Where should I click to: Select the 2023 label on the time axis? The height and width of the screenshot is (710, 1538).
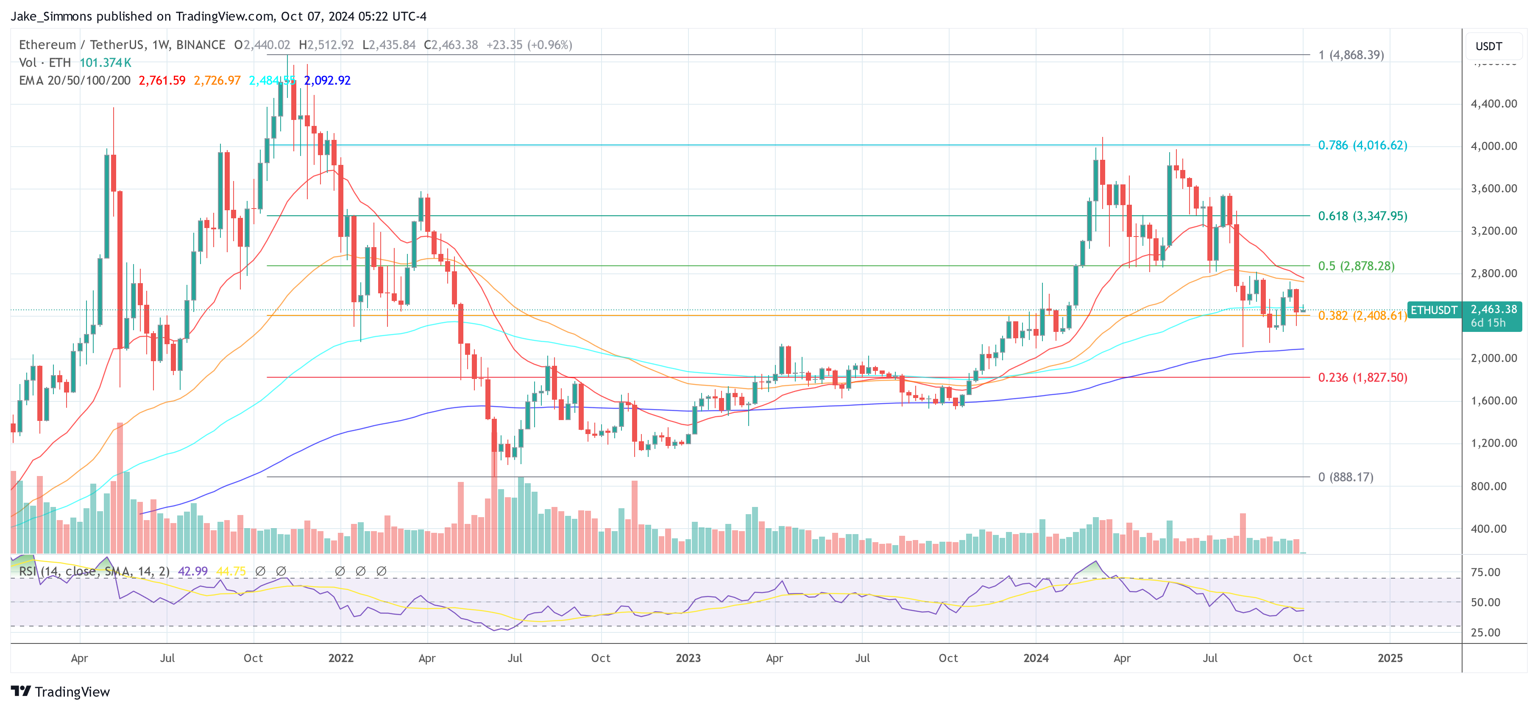tap(688, 658)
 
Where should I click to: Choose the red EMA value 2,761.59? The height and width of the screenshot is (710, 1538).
tap(162, 81)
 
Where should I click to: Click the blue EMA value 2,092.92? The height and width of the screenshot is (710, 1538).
tap(327, 81)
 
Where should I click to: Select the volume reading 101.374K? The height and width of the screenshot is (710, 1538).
tap(105, 63)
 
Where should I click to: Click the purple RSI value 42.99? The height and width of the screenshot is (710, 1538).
tap(192, 571)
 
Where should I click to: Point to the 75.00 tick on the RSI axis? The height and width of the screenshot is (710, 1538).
tap(1485, 572)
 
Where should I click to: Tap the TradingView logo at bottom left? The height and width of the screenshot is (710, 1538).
tap(60, 691)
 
